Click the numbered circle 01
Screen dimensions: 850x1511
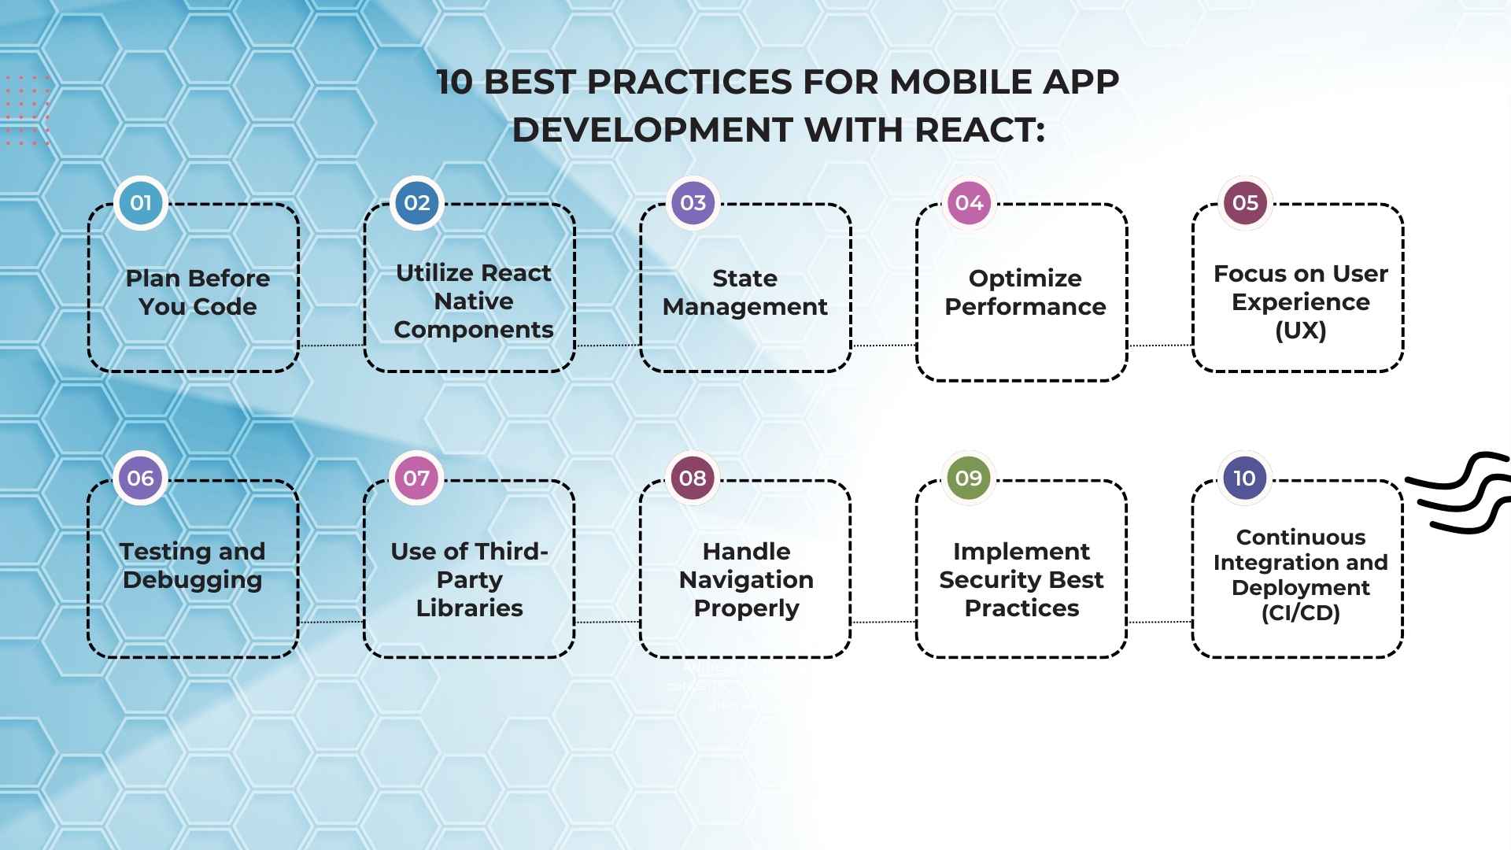tap(141, 203)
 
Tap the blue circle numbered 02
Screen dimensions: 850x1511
tap(417, 203)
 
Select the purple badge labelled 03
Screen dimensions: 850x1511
tap(693, 203)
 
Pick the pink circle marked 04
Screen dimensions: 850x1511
tap(969, 203)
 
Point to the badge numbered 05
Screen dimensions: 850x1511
tap(1245, 203)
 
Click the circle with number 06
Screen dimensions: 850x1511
tap(141, 478)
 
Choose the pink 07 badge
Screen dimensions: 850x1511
tap(417, 478)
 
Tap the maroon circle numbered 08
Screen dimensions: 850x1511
tap(693, 478)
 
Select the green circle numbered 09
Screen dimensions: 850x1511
tap(969, 478)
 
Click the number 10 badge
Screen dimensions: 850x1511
tap(1244, 478)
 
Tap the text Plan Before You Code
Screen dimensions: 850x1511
tap(198, 292)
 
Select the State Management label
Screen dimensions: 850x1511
tap(744, 292)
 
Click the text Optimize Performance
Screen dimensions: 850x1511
tap(1025, 292)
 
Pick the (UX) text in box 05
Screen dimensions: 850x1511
tap(1300, 330)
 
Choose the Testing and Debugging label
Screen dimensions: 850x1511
tap(193, 565)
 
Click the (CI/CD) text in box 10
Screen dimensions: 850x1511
tap(1300, 612)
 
